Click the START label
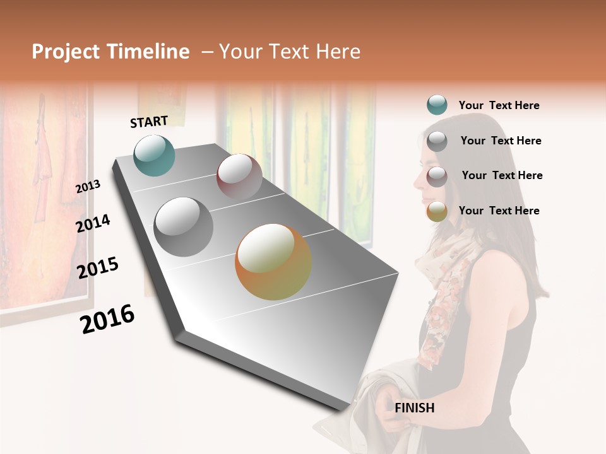coord(149,122)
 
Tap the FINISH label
coord(415,408)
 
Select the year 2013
coord(88,187)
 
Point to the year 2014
coord(93,223)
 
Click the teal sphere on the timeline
coord(154,155)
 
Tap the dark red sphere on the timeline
coord(239,177)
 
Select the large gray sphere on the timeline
coord(184,227)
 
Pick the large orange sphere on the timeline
coord(273,262)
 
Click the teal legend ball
coord(437,105)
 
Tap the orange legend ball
coord(437,211)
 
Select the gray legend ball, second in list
coord(437,141)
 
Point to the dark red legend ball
coord(437,177)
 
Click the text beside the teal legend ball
coord(499,105)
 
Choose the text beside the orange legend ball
coord(499,211)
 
